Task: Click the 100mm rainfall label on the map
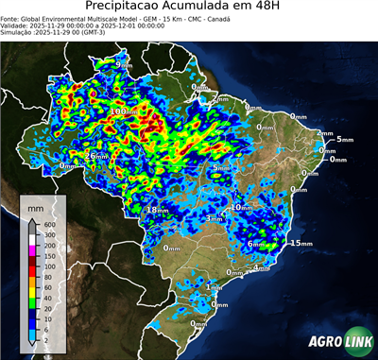[125, 111]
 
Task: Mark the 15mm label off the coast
[301, 243]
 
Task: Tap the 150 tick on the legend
[47, 256]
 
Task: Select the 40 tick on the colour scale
[47, 290]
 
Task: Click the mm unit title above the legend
[36, 205]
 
